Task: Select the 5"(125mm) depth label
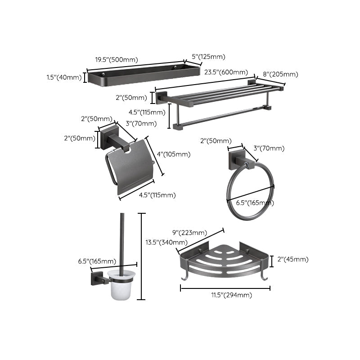[208, 57]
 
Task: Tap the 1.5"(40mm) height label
[64, 77]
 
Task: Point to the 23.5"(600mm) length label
[226, 72]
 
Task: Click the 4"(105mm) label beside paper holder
[173, 154]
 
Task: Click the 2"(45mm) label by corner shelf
[293, 259]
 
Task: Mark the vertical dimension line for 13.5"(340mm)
[142, 256]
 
